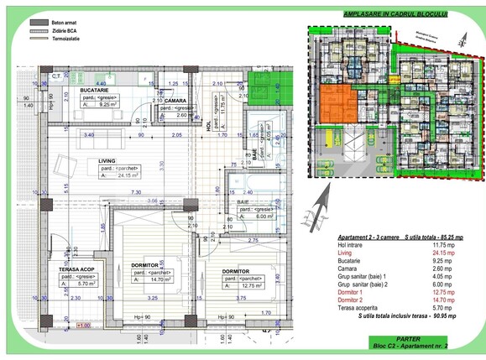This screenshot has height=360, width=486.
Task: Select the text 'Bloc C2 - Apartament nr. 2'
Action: pyautogui.click(x=412, y=345)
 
